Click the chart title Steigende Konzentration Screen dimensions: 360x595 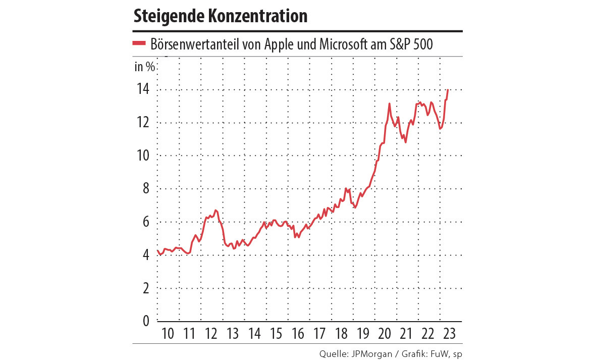(x=220, y=16)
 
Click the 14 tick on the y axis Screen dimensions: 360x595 (x=143, y=90)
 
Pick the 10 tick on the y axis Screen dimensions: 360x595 (x=143, y=156)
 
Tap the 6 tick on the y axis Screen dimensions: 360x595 (x=145, y=222)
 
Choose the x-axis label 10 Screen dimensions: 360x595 (x=168, y=334)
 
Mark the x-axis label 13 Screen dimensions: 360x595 (x=233, y=334)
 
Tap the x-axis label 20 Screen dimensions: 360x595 (x=385, y=334)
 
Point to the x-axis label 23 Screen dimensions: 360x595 (x=449, y=334)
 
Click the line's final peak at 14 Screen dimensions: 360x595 (x=448, y=90)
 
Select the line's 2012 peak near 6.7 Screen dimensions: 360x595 (x=215, y=210)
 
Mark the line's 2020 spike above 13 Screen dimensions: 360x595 (x=389, y=104)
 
